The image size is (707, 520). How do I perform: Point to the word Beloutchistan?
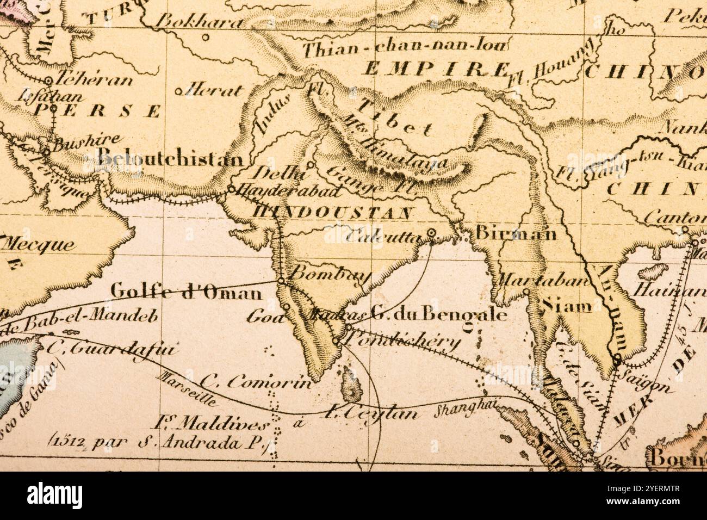(x=170, y=159)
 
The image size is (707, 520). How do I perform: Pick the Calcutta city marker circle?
(x=432, y=233)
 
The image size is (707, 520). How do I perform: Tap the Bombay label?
(x=330, y=274)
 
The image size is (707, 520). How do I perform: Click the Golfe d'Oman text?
(x=186, y=293)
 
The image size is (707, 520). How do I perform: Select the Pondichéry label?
(x=403, y=342)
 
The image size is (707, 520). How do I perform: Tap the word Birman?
(x=516, y=233)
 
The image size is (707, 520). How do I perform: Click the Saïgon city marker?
(x=617, y=357)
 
